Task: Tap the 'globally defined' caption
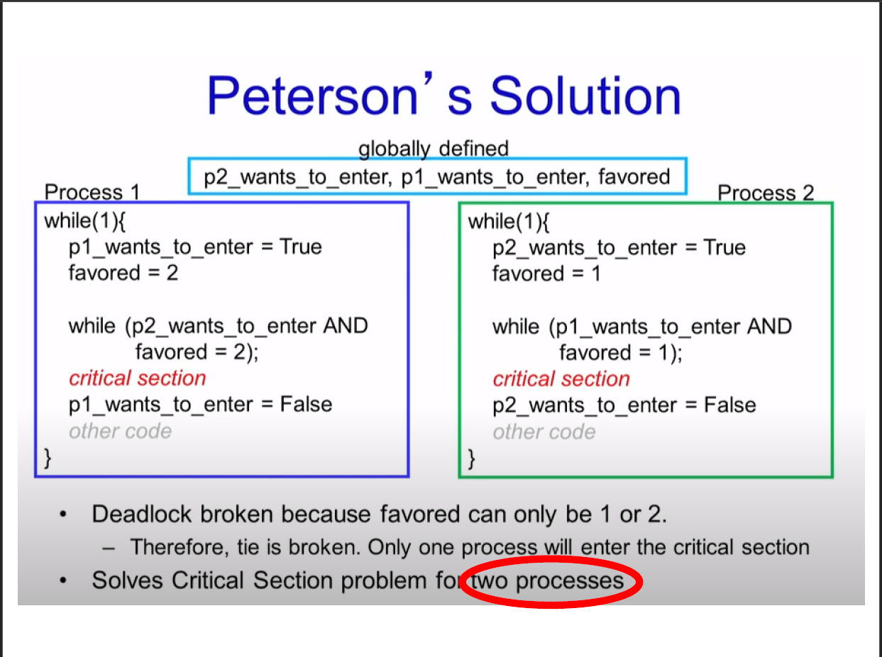click(433, 149)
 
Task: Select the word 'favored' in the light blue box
click(634, 176)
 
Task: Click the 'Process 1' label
click(92, 192)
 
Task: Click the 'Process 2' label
click(766, 193)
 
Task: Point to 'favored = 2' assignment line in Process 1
click(123, 273)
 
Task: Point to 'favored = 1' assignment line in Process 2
click(546, 274)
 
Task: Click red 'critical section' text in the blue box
click(137, 378)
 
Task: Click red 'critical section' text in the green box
click(561, 379)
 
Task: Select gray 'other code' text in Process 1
click(120, 431)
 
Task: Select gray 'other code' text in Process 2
click(544, 432)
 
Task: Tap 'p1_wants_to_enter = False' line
click(200, 405)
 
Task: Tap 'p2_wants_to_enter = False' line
click(624, 405)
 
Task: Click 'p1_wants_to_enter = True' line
click(195, 247)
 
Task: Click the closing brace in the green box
click(472, 459)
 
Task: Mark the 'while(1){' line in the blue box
click(85, 220)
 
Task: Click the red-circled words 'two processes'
click(549, 581)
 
